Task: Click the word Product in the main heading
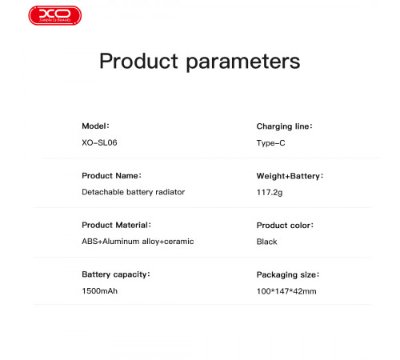pos(140,62)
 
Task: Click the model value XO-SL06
pos(99,143)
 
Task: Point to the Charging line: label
pos(283,126)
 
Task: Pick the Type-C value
pos(270,143)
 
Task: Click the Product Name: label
pos(111,175)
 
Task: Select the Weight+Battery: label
pos(289,175)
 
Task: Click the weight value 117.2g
pos(269,193)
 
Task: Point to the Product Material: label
pos(116,225)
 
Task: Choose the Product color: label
pos(284,226)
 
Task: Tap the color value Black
pos(266,242)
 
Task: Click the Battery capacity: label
pos(116,274)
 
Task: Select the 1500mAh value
pos(100,290)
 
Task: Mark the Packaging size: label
pos(287,274)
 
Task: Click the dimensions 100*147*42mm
pos(286,291)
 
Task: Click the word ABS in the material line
pos(90,241)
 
